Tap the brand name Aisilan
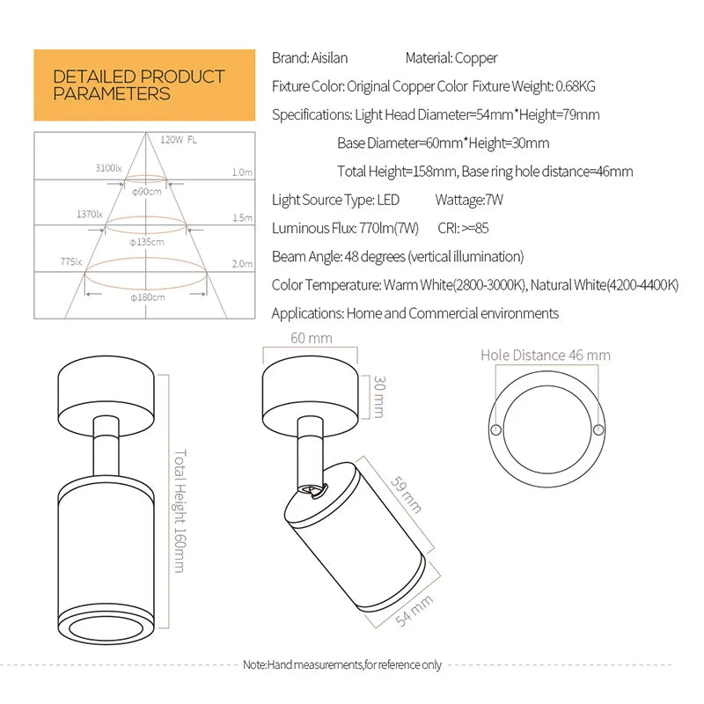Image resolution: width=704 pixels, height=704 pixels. (x=330, y=58)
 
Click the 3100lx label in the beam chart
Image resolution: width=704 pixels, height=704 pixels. (x=109, y=167)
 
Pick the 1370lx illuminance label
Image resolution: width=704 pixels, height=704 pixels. (x=90, y=214)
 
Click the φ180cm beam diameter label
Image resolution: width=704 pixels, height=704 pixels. (x=147, y=297)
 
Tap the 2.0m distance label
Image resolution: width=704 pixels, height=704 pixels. (x=242, y=264)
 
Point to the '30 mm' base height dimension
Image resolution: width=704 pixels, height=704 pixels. (x=378, y=396)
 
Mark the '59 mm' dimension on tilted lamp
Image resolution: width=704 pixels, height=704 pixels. (x=406, y=495)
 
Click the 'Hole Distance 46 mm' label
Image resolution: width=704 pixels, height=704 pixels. (x=545, y=356)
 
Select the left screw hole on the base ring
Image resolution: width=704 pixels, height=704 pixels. (x=496, y=429)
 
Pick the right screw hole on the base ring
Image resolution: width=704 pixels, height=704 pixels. (x=598, y=429)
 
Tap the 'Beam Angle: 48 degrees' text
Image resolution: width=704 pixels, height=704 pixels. (x=398, y=257)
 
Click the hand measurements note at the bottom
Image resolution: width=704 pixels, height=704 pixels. (x=342, y=665)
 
